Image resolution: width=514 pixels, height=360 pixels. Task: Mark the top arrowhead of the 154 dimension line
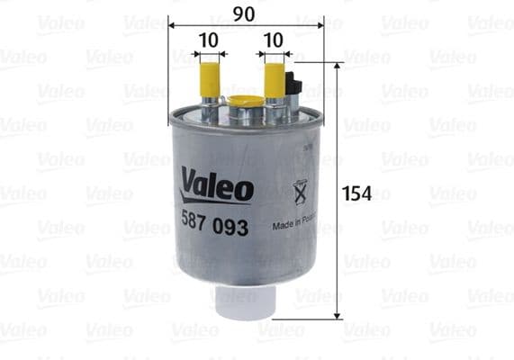[338, 67]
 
